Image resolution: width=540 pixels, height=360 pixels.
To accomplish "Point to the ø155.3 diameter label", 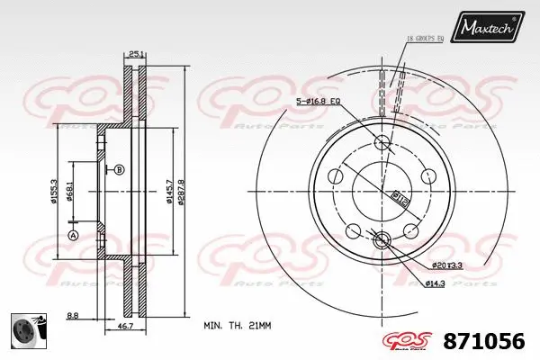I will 56,191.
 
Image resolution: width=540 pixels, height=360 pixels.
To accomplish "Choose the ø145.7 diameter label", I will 169,191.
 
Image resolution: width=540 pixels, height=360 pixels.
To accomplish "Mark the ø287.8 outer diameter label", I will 183,191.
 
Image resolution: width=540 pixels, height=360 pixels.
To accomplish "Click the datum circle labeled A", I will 73,235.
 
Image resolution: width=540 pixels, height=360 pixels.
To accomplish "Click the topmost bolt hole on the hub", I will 381,141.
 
